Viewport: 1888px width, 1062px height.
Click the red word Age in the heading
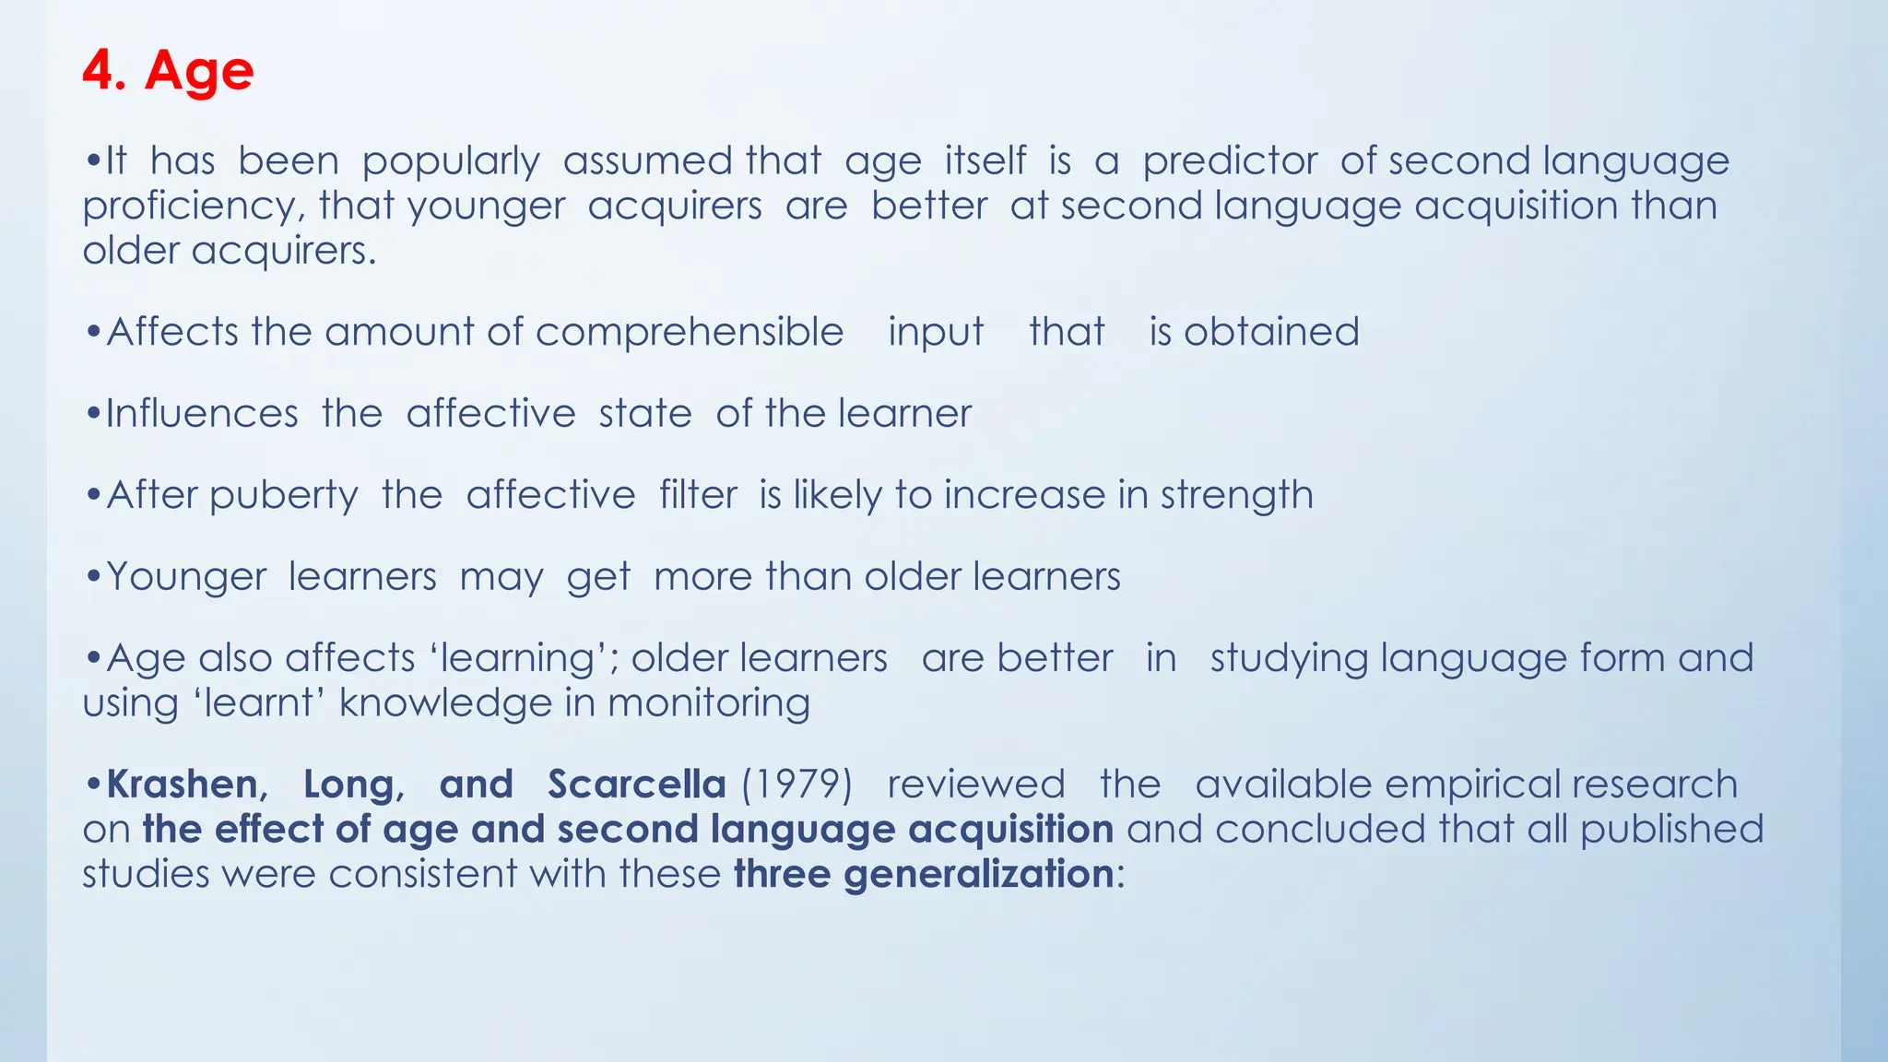[199, 72]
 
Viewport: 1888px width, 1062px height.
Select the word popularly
[451, 162]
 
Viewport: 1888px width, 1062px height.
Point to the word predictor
[1230, 162]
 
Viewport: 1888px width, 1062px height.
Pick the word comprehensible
[689, 333]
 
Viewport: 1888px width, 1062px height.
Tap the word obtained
[1271, 332]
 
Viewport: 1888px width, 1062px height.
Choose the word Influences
[202, 414]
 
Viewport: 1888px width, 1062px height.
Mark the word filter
[698, 495]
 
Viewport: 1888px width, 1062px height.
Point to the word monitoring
[709, 704]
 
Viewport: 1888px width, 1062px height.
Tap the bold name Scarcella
[636, 785]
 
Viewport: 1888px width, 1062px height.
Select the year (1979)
[796, 785]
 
